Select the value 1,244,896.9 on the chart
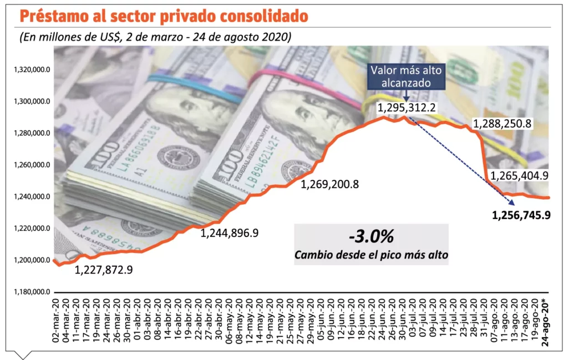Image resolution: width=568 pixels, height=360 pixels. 230,234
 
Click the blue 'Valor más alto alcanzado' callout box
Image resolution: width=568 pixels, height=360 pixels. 405,76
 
